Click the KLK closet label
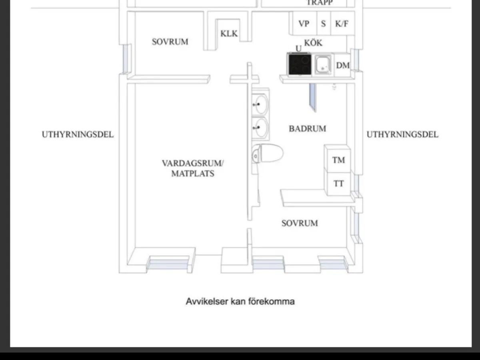(229, 34)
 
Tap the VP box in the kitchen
(304, 24)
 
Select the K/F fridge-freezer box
(342, 24)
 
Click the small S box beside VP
(323, 24)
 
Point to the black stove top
(299, 64)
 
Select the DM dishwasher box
(342, 65)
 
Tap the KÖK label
(313, 43)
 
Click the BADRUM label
(307, 129)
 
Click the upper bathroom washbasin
(260, 105)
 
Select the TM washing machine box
(338, 160)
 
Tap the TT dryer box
(338, 184)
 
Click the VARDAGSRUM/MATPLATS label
(193, 168)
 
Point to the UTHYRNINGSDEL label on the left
(78, 134)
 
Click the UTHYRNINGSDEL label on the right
(402, 134)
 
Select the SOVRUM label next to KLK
(170, 42)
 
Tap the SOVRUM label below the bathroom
(300, 223)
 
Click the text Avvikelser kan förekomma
(240, 301)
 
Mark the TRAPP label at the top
(320, 2)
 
